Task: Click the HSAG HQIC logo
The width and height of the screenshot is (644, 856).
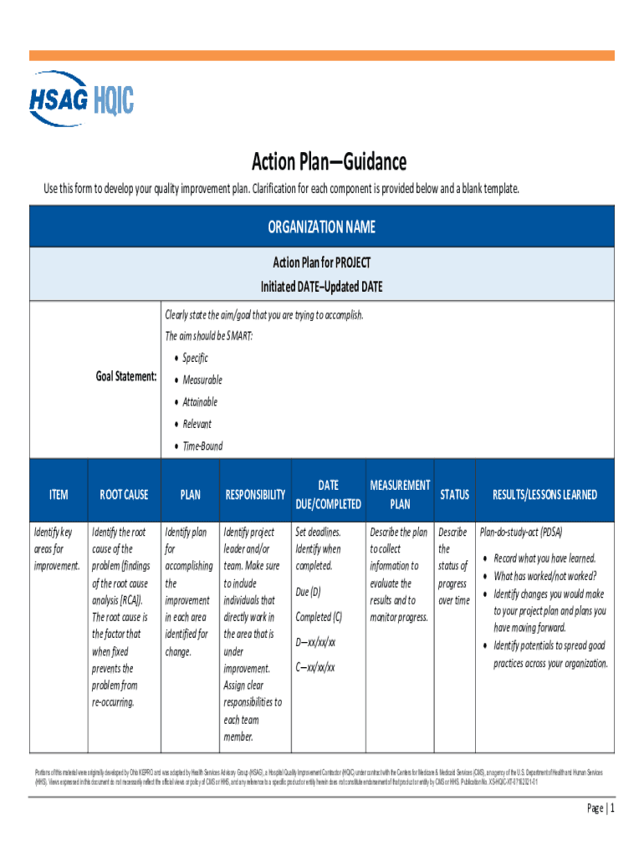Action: coord(82,98)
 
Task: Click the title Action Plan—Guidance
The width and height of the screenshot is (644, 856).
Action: coord(329,161)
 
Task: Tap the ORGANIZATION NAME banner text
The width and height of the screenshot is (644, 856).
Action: coord(322,227)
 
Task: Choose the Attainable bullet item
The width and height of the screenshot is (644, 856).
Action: coord(200,402)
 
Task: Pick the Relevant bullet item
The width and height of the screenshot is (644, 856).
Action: coord(197,424)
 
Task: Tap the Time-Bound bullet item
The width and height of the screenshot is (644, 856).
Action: coord(202,446)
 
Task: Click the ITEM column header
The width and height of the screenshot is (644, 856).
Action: coord(59,495)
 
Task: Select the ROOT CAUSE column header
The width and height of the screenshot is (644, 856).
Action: coord(124,495)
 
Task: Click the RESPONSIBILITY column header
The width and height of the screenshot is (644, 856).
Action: coord(255,495)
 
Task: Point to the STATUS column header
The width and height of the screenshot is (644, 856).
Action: coord(454,495)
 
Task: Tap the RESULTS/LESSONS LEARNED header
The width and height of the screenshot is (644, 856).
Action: coord(544,495)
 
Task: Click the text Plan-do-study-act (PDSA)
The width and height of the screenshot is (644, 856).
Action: coord(521,532)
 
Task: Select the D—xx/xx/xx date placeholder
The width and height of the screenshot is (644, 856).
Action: coord(315,642)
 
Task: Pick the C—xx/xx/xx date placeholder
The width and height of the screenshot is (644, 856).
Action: coord(315,667)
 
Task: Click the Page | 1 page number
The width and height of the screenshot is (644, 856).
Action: coord(601,808)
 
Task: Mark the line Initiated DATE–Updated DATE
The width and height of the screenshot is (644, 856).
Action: coord(322,287)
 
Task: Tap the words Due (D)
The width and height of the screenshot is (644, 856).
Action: coord(308,592)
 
